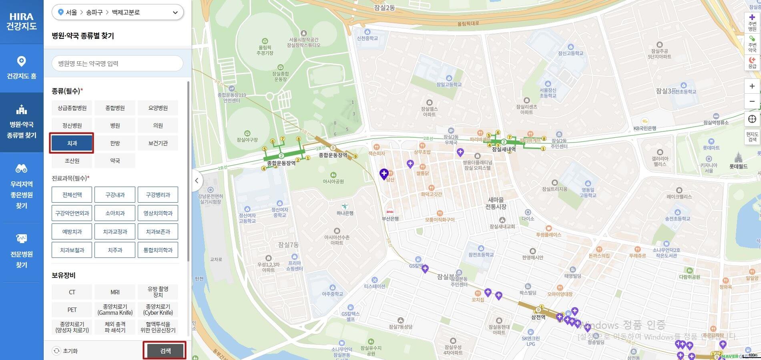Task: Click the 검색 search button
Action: point(165,351)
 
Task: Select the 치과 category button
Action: point(72,143)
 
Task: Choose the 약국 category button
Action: point(115,161)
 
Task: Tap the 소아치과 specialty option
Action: point(115,213)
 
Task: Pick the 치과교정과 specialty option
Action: point(115,231)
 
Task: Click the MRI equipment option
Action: point(115,292)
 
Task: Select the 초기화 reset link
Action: point(66,351)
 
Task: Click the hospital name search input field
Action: point(117,63)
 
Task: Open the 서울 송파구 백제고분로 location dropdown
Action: point(117,12)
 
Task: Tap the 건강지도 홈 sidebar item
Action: point(22,68)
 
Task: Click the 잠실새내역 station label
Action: point(504,149)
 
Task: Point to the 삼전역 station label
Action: point(538,317)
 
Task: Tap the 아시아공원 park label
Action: point(333,181)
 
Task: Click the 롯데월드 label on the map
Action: point(738,166)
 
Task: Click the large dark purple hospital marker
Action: point(384,173)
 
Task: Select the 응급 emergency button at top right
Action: point(752,62)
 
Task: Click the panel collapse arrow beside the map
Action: point(197,180)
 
